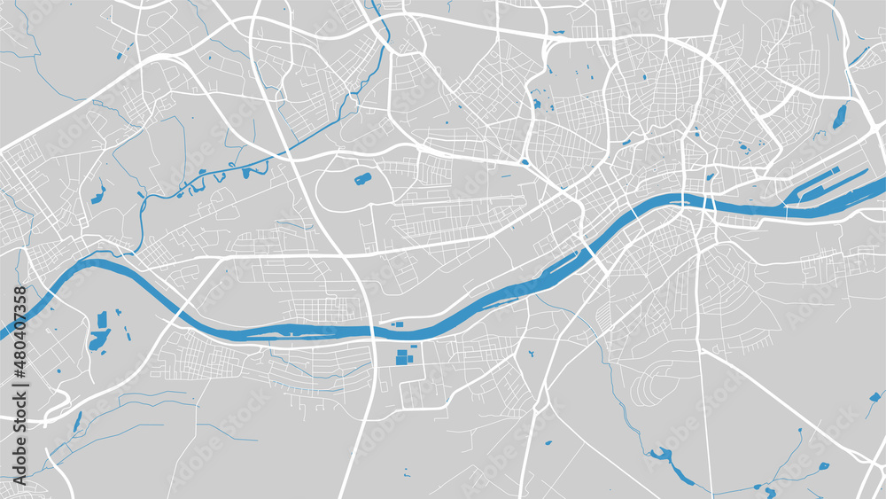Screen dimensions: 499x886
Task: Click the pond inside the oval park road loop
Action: tap(362, 179)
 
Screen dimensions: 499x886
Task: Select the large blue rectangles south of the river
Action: tap(403, 357)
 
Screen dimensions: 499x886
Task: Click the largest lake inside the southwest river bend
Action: tap(98, 339)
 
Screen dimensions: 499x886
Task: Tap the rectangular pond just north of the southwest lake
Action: tap(102, 319)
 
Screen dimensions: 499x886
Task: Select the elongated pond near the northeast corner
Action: tap(838, 116)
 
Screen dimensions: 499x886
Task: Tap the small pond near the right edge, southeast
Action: tap(823, 465)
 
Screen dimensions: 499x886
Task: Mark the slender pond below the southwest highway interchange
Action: tap(77, 422)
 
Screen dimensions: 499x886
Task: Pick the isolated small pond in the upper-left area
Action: tap(119, 58)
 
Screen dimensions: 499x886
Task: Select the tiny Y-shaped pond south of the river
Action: tap(548, 442)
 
